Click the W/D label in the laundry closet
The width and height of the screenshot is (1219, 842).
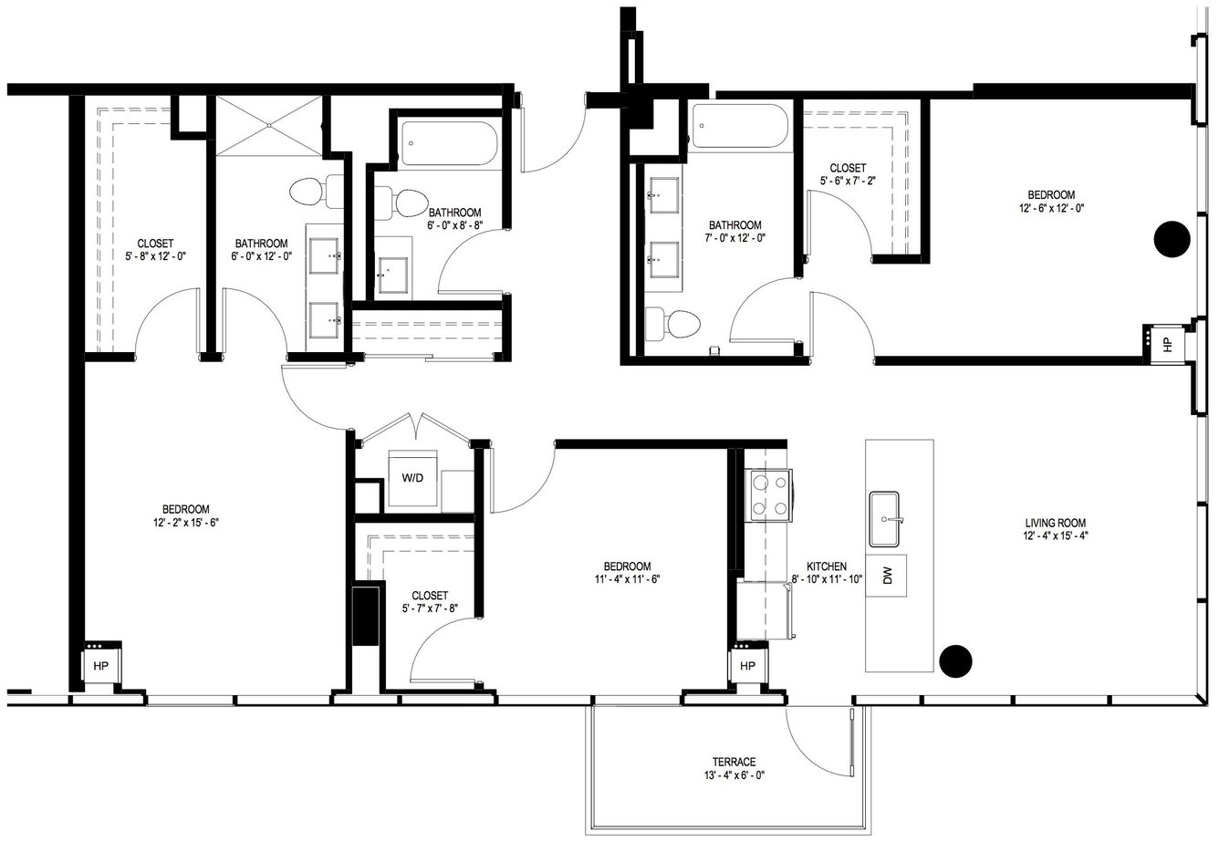coord(412,478)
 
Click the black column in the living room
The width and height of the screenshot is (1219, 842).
coord(955,660)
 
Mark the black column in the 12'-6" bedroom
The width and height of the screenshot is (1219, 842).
coord(1172,238)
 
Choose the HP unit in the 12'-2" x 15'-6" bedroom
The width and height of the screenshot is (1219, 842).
coord(100,665)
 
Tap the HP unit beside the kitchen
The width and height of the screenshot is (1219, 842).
coord(747,665)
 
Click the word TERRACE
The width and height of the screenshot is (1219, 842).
coord(735,762)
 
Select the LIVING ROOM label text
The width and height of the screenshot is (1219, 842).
coord(1055,523)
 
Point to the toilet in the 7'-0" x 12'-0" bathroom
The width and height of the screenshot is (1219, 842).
coord(672,324)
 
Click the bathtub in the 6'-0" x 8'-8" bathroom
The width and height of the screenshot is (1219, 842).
coord(449,143)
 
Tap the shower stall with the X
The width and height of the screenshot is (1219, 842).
coord(269,126)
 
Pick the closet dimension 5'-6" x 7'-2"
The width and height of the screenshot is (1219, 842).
coord(848,182)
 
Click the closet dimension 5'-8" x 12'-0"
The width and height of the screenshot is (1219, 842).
coord(156,256)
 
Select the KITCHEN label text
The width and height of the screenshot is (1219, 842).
coord(826,567)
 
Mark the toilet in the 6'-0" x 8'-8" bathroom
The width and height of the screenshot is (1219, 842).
coord(401,203)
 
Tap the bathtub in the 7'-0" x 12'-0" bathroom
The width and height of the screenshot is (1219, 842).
coord(739,126)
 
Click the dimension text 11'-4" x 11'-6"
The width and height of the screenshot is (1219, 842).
coord(627,579)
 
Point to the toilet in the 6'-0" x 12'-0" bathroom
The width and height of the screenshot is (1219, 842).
coord(317,192)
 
